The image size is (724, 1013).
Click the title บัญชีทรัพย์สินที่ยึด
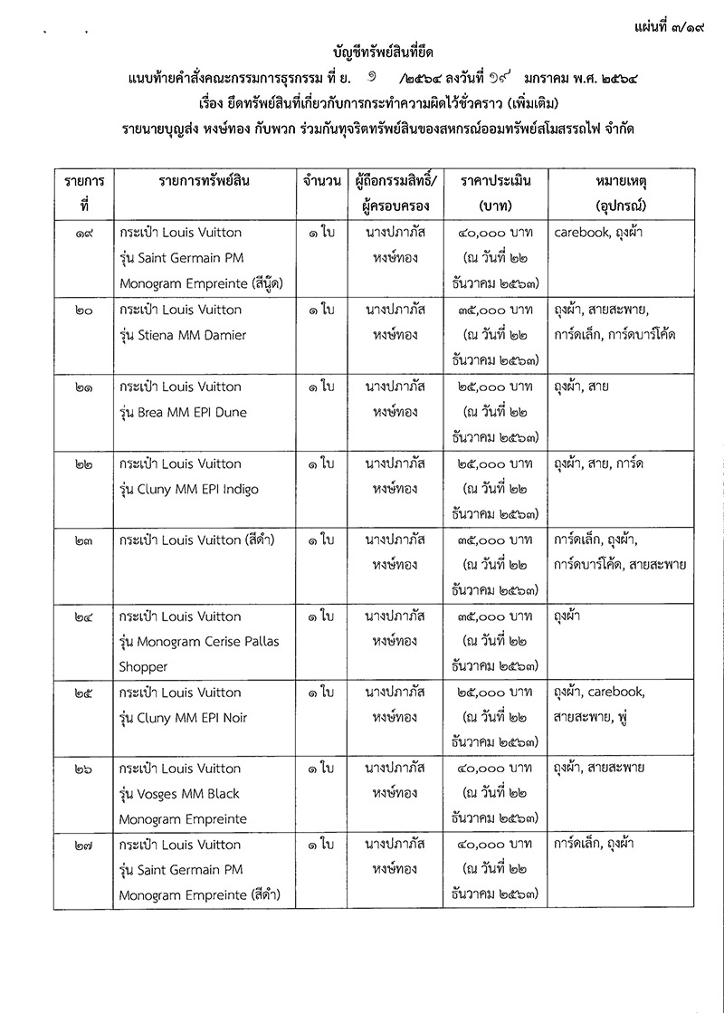pyautogui.click(x=372, y=53)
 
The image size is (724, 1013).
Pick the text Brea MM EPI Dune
pyautogui.click(x=195, y=413)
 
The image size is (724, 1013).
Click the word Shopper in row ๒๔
pyautogui.click(x=144, y=667)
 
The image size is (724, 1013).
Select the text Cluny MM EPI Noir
pyautogui.click(x=195, y=719)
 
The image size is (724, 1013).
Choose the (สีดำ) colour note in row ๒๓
pyautogui.click(x=243, y=540)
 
